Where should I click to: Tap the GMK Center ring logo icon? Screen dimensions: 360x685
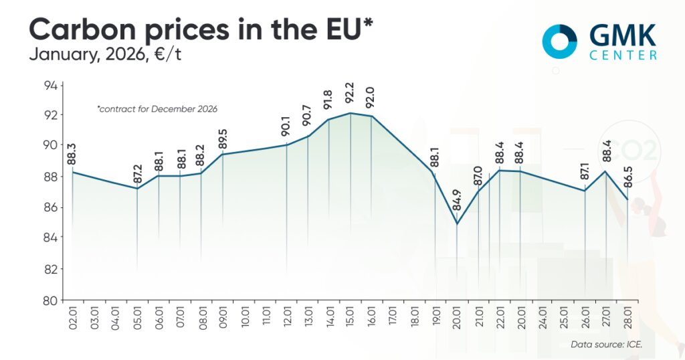(x=560, y=41)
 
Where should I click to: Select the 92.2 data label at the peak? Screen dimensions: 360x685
(x=350, y=97)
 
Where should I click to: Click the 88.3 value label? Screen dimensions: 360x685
(x=72, y=154)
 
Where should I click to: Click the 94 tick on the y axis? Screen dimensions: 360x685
(x=51, y=85)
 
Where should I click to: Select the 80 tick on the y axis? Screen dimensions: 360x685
(x=51, y=300)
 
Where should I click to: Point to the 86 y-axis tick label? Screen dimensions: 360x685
(x=51, y=208)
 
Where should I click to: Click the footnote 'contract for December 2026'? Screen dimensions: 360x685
(x=157, y=108)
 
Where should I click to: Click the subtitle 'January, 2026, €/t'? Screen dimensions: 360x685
(x=105, y=55)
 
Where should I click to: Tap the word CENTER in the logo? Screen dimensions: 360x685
(x=623, y=56)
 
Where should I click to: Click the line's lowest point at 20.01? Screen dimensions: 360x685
(x=457, y=223)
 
